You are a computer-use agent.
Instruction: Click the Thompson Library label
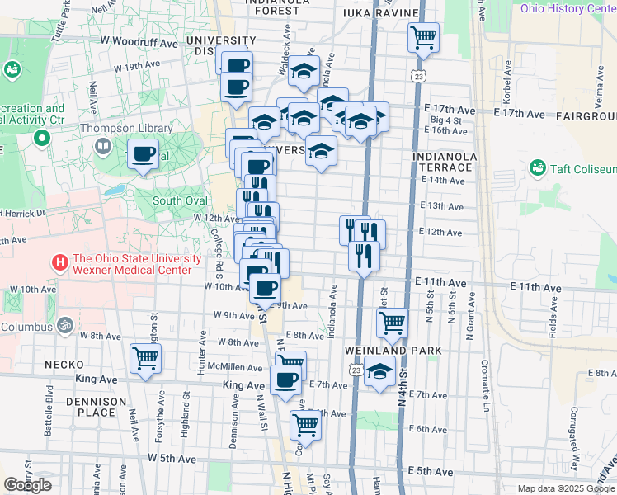[x=123, y=128]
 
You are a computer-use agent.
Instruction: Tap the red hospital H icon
[x=60, y=263]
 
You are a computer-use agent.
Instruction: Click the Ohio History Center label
[x=568, y=8]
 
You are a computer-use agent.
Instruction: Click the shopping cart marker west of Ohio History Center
[x=423, y=36]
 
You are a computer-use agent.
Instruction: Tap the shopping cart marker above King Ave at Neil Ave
[x=145, y=358]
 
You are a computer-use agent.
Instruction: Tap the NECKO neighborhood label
[x=63, y=364]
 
